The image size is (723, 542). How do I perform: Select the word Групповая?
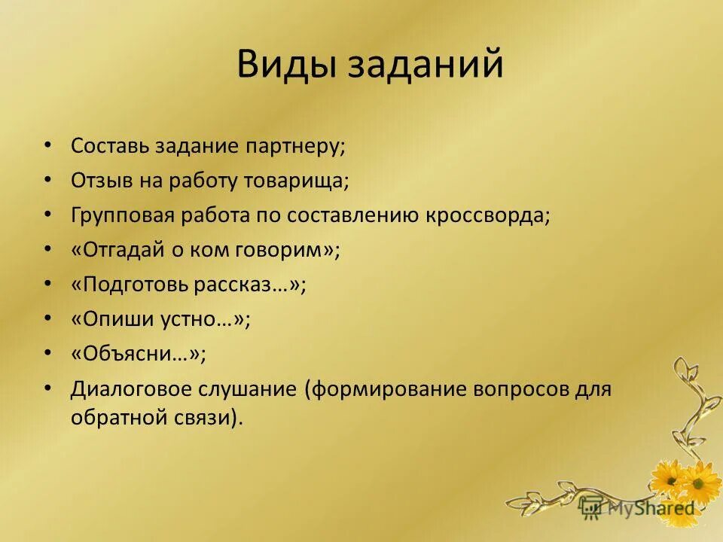123,215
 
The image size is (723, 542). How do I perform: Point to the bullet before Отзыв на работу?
48,180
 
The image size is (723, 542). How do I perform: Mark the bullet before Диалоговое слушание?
48,388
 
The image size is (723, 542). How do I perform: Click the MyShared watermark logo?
639,508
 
